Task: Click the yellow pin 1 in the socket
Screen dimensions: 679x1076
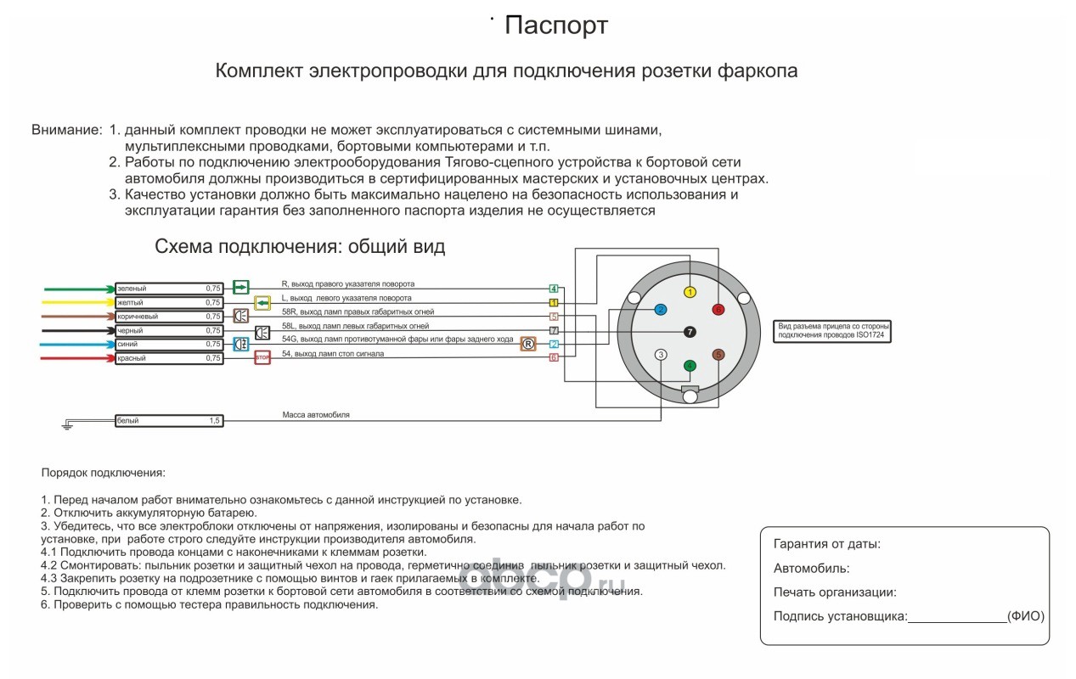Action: click(690, 292)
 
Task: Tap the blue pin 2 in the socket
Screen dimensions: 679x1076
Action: click(661, 310)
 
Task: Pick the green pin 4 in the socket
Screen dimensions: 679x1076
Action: click(690, 366)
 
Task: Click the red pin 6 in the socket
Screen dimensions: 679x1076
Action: click(718, 310)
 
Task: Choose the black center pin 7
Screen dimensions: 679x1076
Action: click(690, 331)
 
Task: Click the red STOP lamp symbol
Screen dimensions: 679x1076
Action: click(262, 358)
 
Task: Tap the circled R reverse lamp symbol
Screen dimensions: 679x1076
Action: click(527, 344)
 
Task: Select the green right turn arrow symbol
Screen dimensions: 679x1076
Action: click(241, 288)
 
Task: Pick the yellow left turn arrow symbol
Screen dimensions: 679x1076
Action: click(262, 302)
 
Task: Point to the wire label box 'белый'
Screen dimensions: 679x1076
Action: click(169, 420)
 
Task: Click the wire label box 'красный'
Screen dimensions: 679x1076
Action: click(169, 358)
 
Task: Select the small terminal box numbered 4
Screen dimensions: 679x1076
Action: click(553, 289)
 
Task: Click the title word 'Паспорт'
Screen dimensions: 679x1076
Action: click(555, 25)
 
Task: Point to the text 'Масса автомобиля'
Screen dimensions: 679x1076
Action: click(316, 415)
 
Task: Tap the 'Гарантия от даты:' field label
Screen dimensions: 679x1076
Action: click(826, 544)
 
